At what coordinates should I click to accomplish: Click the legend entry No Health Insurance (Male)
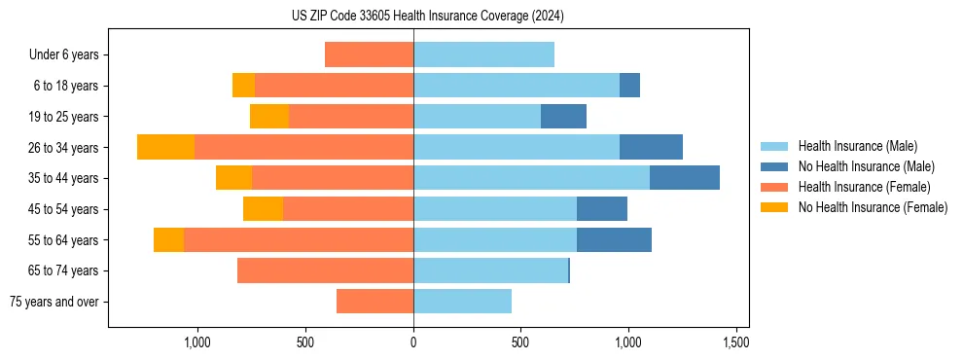pyautogui.click(x=866, y=166)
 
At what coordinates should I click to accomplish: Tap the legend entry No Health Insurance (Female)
pyautogui.click(x=873, y=207)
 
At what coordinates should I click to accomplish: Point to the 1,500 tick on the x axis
pyautogui.click(x=735, y=342)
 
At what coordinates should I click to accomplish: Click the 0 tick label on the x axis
pyautogui.click(x=413, y=342)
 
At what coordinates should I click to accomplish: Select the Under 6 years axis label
pyautogui.click(x=64, y=55)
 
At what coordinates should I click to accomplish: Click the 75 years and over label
pyautogui.click(x=54, y=302)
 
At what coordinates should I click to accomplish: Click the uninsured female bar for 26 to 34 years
pyautogui.click(x=165, y=147)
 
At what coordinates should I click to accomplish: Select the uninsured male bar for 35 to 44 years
pyautogui.click(x=685, y=178)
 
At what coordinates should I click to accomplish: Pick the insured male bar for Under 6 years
pyautogui.click(x=483, y=54)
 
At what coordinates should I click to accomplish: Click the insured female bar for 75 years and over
pyautogui.click(x=374, y=302)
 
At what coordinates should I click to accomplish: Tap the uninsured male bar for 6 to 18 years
pyautogui.click(x=629, y=86)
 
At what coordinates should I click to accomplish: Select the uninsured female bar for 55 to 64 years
pyautogui.click(x=168, y=239)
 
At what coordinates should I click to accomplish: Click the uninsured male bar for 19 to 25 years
pyautogui.click(x=563, y=117)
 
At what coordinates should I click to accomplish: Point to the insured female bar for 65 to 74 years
pyautogui.click(x=325, y=270)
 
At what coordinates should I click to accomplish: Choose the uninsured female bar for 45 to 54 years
pyautogui.click(x=263, y=209)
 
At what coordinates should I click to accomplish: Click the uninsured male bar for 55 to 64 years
pyautogui.click(x=614, y=239)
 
